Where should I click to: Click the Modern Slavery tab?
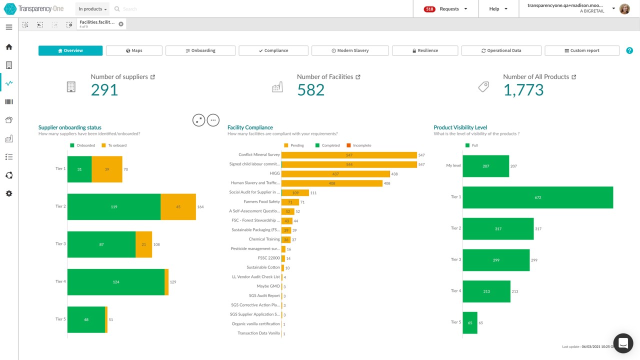(350, 50)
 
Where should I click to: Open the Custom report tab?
(582, 50)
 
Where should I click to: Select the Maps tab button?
(134, 50)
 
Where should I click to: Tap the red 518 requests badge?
(429, 9)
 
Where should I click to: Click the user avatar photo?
(624, 9)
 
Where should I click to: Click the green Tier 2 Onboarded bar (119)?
(114, 207)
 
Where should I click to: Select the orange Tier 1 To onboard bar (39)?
(107, 169)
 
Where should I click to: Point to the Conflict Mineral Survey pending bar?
(349, 155)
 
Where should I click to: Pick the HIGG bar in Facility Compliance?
(335, 174)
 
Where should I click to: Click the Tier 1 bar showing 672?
(538, 197)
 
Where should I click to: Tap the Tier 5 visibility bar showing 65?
(470, 323)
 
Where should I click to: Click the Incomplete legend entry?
(359, 145)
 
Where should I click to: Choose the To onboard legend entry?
(114, 145)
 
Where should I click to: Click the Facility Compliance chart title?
(250, 127)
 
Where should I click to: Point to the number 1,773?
(523, 90)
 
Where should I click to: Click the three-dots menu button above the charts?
(213, 120)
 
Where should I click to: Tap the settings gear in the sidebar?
(9, 193)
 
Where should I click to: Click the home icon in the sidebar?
(9, 47)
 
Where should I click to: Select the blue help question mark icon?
(629, 50)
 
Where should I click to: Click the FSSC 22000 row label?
(269, 258)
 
